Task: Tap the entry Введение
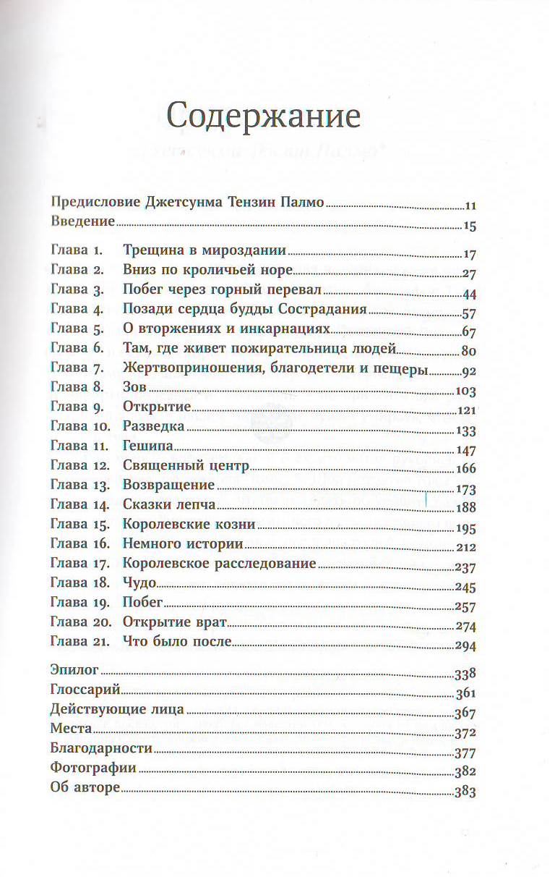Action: coord(83,221)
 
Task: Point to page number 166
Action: coord(465,468)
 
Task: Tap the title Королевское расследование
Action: coord(220,564)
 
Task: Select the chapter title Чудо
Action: coord(140,583)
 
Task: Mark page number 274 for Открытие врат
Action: coord(465,626)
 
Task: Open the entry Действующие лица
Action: coord(118,710)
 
